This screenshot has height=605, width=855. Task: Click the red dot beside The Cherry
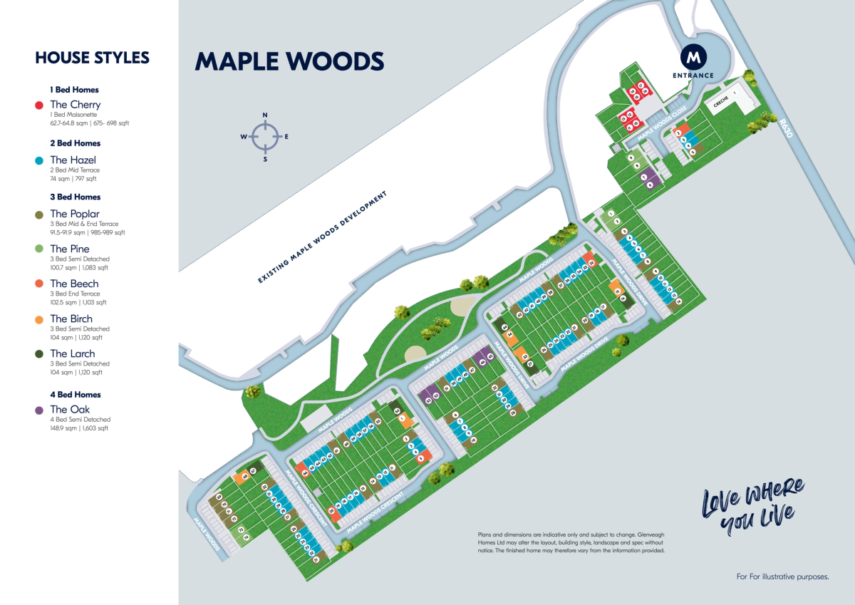(x=39, y=105)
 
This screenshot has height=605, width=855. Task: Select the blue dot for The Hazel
(x=39, y=161)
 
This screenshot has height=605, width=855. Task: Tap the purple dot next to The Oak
(x=39, y=410)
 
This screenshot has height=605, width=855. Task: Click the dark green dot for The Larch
(x=39, y=354)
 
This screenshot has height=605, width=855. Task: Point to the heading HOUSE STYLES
(x=92, y=58)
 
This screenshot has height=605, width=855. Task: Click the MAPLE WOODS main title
(x=289, y=61)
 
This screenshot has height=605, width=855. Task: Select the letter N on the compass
(x=265, y=115)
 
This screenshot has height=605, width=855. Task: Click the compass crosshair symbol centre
(x=265, y=137)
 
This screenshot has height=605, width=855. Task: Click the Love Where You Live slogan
(x=752, y=507)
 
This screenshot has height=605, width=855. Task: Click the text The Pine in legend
(x=70, y=249)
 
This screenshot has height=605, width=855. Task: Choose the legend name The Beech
(x=74, y=284)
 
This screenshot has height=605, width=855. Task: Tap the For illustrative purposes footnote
(x=782, y=576)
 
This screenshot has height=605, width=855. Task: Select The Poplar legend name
(x=75, y=214)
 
